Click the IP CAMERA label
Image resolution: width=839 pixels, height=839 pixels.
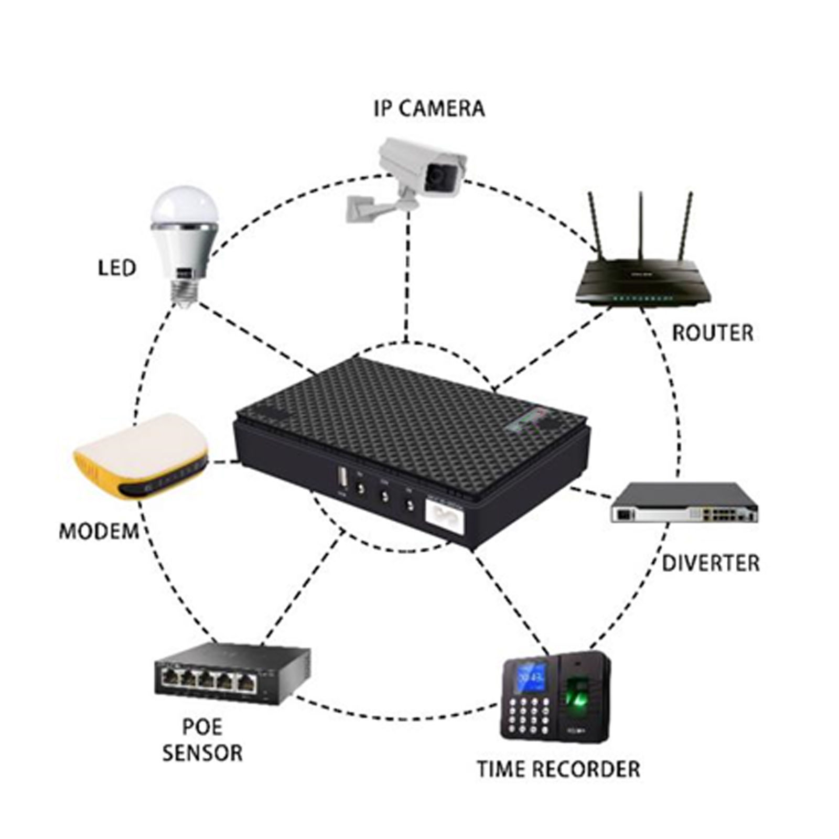[429, 109]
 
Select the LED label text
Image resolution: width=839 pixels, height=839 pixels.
[117, 268]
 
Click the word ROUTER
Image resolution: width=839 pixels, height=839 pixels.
[712, 333]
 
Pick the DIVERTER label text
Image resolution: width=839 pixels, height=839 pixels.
[710, 563]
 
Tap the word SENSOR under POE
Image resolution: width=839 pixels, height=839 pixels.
[202, 753]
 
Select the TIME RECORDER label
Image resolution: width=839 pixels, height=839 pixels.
[558, 769]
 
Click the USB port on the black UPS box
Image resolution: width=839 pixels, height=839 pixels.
[341, 478]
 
